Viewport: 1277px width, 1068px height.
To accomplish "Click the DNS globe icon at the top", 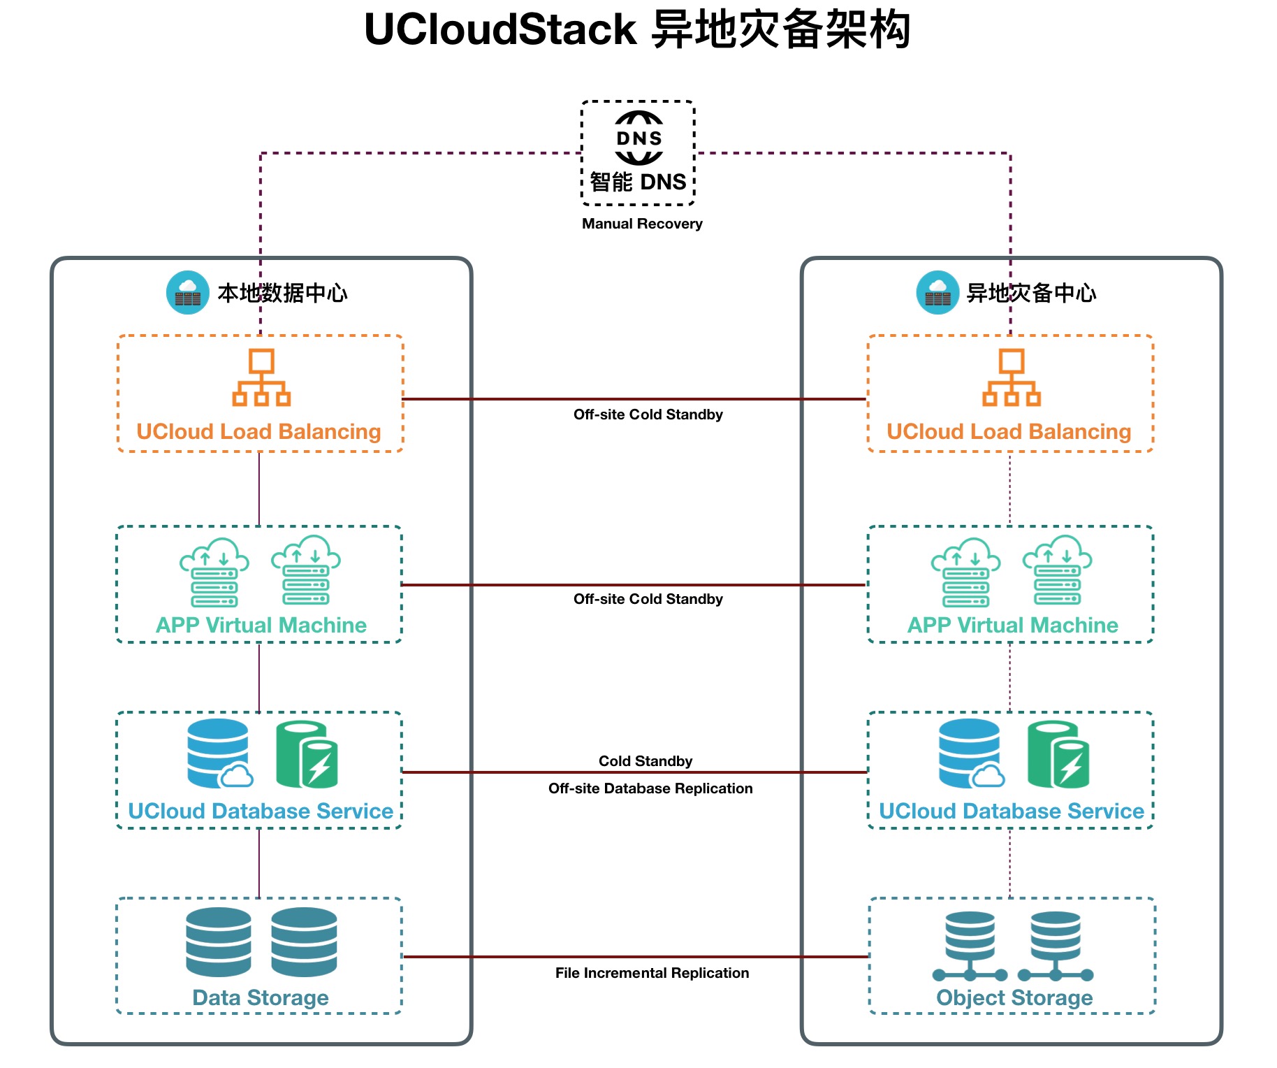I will point(638,138).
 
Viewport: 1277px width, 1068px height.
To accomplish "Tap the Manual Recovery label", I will point(642,224).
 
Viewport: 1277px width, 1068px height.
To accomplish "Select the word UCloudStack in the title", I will point(500,30).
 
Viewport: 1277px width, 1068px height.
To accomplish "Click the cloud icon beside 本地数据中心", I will point(188,292).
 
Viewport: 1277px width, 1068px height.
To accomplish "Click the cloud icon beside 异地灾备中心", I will point(937,292).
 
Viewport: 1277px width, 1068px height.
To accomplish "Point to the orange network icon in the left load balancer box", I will point(261,377).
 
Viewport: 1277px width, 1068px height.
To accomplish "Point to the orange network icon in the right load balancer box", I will point(1012,377).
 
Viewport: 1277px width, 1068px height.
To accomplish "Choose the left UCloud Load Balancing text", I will point(258,431).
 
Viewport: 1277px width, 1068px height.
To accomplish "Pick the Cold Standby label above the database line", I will point(645,761).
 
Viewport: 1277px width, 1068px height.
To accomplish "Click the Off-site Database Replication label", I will point(650,788).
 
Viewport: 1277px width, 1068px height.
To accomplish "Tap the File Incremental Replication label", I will point(652,973).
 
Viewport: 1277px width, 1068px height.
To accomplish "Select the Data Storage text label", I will point(261,997).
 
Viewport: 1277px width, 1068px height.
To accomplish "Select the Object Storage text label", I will point(1014,997).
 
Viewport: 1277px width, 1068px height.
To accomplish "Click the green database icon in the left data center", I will point(307,754).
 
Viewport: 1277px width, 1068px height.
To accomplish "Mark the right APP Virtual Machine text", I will point(1012,625).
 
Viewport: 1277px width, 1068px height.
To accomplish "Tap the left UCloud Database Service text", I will point(261,811).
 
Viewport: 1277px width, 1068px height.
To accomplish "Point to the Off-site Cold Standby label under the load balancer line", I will point(648,414).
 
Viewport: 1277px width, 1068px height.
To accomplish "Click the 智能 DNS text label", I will point(638,182).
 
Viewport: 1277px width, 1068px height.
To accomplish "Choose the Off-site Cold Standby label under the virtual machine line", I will point(648,599).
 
